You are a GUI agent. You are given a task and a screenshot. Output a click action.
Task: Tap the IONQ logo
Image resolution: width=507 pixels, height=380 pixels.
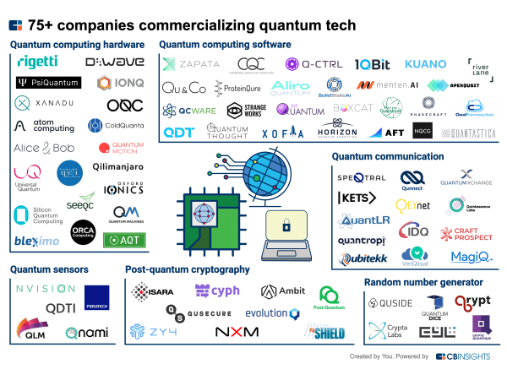pos(116,83)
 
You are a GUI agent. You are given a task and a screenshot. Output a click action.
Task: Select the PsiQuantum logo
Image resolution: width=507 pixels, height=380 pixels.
pos(47,83)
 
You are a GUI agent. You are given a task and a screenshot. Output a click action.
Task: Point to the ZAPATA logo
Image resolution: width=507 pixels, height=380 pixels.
pos(191,64)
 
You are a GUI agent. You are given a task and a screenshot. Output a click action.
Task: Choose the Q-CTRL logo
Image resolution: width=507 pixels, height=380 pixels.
pos(308,64)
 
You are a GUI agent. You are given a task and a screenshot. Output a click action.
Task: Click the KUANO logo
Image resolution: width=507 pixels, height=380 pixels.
pos(425,64)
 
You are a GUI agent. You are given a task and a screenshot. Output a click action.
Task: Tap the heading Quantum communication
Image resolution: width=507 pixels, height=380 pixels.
pos(387,156)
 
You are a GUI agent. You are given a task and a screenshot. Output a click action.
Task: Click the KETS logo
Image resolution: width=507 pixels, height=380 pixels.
pos(356,198)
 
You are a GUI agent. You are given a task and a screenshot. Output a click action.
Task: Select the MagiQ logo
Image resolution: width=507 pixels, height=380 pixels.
pos(466,257)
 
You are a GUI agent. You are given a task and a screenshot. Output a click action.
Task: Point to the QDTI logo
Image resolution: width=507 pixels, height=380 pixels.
pos(60,308)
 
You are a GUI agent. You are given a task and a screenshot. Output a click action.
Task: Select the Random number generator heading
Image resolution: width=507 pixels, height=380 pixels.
pos(423,282)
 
